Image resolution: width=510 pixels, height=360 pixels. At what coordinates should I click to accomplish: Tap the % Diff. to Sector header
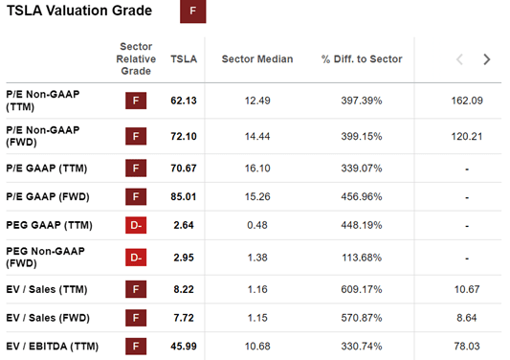[x=362, y=59]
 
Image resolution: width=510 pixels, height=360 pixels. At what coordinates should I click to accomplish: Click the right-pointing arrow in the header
[x=487, y=59]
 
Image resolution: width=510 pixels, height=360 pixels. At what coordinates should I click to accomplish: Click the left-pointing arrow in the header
[x=459, y=59]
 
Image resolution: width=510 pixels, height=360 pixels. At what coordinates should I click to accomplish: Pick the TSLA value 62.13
[x=183, y=100]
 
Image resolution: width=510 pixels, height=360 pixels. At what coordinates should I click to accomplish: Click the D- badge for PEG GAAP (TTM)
[x=137, y=226]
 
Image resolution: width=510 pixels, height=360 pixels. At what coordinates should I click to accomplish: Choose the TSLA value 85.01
[x=183, y=197]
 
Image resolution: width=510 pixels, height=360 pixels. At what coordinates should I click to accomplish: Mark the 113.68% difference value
[x=361, y=258]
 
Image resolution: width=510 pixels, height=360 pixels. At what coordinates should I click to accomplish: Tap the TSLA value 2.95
[x=183, y=258]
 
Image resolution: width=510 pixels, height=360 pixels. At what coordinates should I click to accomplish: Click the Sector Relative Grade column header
[x=136, y=59]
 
